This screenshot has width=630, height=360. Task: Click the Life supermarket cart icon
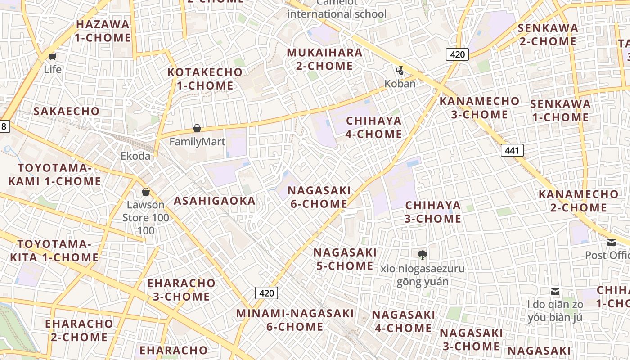click(x=53, y=57)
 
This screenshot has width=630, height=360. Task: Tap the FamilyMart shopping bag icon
click(x=197, y=129)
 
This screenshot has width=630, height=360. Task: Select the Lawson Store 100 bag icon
click(x=146, y=192)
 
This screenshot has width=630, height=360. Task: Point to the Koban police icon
click(x=400, y=71)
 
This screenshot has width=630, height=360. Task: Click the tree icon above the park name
click(x=422, y=255)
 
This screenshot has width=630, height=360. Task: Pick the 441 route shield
click(x=512, y=150)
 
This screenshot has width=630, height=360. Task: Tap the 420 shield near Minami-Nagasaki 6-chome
click(x=266, y=293)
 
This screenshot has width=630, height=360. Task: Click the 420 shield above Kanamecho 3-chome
click(x=457, y=54)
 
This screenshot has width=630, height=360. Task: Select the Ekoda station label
click(x=135, y=156)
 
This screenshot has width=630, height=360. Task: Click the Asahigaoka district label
click(x=215, y=201)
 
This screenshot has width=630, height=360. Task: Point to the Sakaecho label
click(x=67, y=111)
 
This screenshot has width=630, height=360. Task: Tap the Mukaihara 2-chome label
click(x=324, y=59)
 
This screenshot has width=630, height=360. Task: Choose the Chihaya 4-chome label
click(x=373, y=127)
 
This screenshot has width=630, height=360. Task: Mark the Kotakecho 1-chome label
click(x=205, y=79)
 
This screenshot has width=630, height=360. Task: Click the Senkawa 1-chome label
click(x=560, y=111)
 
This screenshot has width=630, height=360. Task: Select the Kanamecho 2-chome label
click(x=578, y=201)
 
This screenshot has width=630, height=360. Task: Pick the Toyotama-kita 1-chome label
click(x=54, y=251)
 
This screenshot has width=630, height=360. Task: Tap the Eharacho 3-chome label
click(x=181, y=290)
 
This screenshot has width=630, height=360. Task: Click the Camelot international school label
click(x=337, y=9)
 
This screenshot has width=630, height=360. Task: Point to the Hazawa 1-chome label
click(x=103, y=31)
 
